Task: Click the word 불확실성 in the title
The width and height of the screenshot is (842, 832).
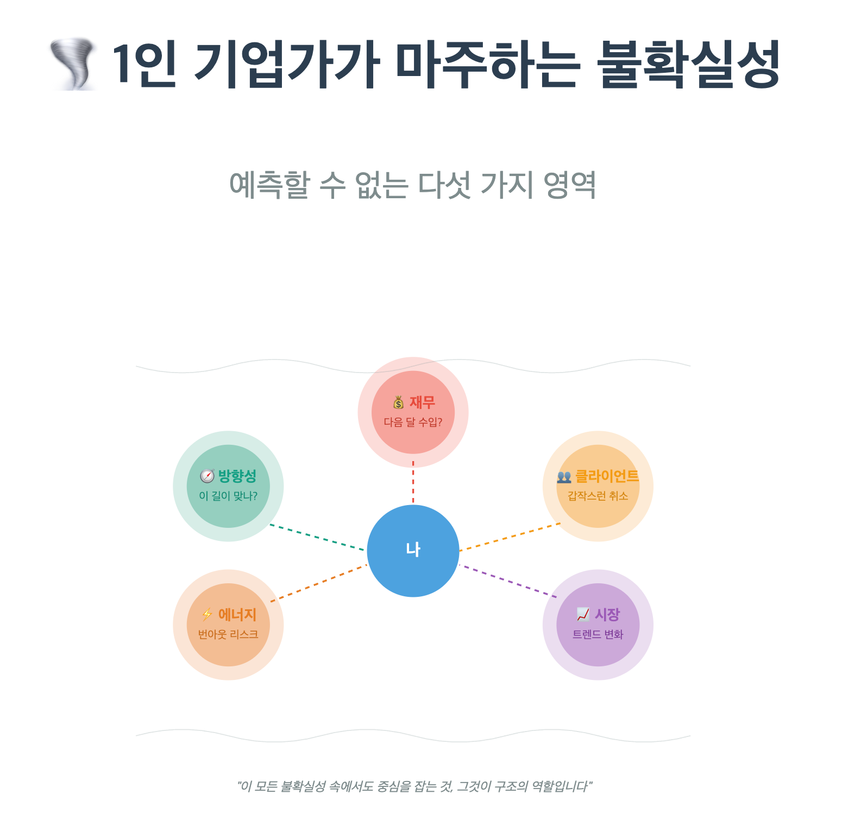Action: tap(688, 64)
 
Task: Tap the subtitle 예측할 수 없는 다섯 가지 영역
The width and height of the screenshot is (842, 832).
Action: tap(413, 185)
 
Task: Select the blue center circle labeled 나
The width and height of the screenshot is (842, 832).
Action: tap(413, 551)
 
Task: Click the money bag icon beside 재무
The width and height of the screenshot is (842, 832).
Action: tap(399, 402)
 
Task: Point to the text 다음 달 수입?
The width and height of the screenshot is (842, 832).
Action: tap(413, 423)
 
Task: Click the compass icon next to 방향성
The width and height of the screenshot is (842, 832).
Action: tap(207, 476)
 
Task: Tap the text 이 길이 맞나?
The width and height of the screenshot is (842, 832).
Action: tap(228, 496)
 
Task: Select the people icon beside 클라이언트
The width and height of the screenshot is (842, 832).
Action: tap(564, 477)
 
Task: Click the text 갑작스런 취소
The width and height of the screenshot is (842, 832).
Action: tap(598, 496)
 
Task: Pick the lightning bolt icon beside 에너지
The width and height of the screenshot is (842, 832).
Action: tap(207, 615)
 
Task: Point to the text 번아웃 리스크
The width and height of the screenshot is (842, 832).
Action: tap(228, 634)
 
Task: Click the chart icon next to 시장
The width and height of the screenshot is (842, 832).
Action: tap(583, 615)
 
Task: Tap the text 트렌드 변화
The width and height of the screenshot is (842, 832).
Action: tap(598, 634)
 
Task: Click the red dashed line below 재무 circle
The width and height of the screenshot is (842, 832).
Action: tap(413, 482)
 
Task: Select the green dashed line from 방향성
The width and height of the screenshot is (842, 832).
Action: tap(317, 538)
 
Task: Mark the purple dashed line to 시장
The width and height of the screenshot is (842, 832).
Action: tap(508, 581)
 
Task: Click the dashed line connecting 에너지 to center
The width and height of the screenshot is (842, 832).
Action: tap(318, 583)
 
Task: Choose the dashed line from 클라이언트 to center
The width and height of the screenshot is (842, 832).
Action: tap(510, 537)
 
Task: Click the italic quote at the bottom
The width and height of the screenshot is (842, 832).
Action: tap(414, 786)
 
